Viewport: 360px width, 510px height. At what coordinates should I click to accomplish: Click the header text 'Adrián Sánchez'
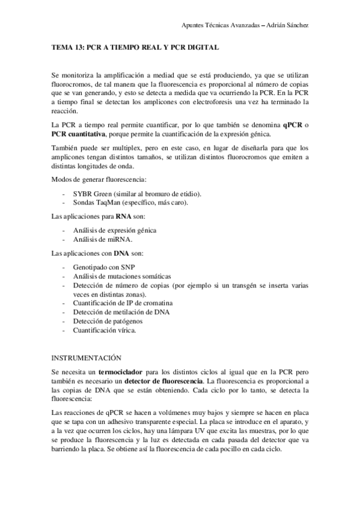287,25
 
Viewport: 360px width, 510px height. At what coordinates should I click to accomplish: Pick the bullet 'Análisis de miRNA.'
102,239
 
